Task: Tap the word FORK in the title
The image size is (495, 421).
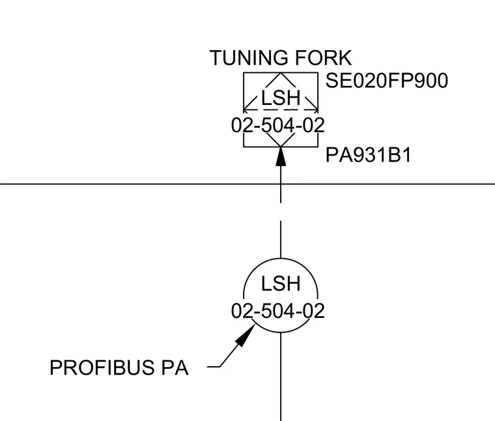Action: (x=323, y=58)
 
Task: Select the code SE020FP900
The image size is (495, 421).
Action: (x=387, y=81)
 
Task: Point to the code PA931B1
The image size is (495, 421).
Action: (x=368, y=155)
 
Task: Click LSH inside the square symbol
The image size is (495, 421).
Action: (x=281, y=98)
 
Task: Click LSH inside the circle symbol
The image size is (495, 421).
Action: (x=281, y=283)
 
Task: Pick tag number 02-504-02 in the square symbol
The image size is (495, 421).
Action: (x=278, y=125)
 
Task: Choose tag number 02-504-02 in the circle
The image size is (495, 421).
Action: (x=278, y=311)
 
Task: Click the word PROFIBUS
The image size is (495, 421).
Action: (x=102, y=368)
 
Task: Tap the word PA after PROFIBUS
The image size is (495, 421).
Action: (x=175, y=368)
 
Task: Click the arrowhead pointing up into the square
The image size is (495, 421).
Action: (x=281, y=156)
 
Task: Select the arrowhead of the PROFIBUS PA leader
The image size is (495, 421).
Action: (x=246, y=336)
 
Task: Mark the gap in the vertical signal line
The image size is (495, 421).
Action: (x=281, y=212)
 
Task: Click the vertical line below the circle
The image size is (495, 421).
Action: (x=281, y=377)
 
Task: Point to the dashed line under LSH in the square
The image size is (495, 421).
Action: (x=281, y=110)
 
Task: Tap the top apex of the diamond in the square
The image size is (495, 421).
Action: (x=281, y=73)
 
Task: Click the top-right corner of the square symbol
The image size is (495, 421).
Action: (x=318, y=73)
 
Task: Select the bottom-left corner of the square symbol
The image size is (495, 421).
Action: (x=244, y=147)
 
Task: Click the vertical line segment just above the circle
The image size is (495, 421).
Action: (x=281, y=239)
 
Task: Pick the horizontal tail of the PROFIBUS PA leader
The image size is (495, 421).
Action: (x=214, y=367)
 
